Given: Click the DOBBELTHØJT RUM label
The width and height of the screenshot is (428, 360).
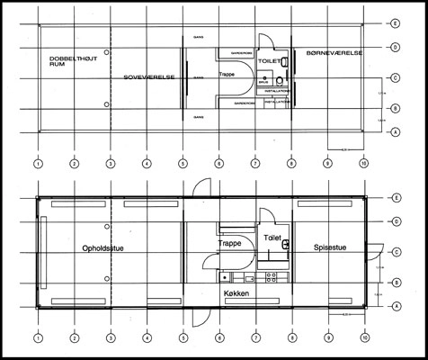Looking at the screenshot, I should point(69,61).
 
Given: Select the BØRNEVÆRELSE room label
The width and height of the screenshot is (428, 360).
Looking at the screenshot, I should point(334,54).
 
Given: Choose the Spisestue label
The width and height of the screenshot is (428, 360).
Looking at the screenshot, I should point(332,247).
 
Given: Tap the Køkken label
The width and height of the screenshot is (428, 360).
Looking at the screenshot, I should point(236,294).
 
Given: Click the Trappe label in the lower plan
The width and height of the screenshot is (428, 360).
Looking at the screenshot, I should point(232,243).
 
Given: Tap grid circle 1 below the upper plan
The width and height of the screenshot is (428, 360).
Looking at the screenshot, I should point(38,164).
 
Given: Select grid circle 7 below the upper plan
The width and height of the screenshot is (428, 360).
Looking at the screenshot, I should point(255,164).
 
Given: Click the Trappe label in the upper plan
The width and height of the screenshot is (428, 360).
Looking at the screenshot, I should point(232,76).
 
